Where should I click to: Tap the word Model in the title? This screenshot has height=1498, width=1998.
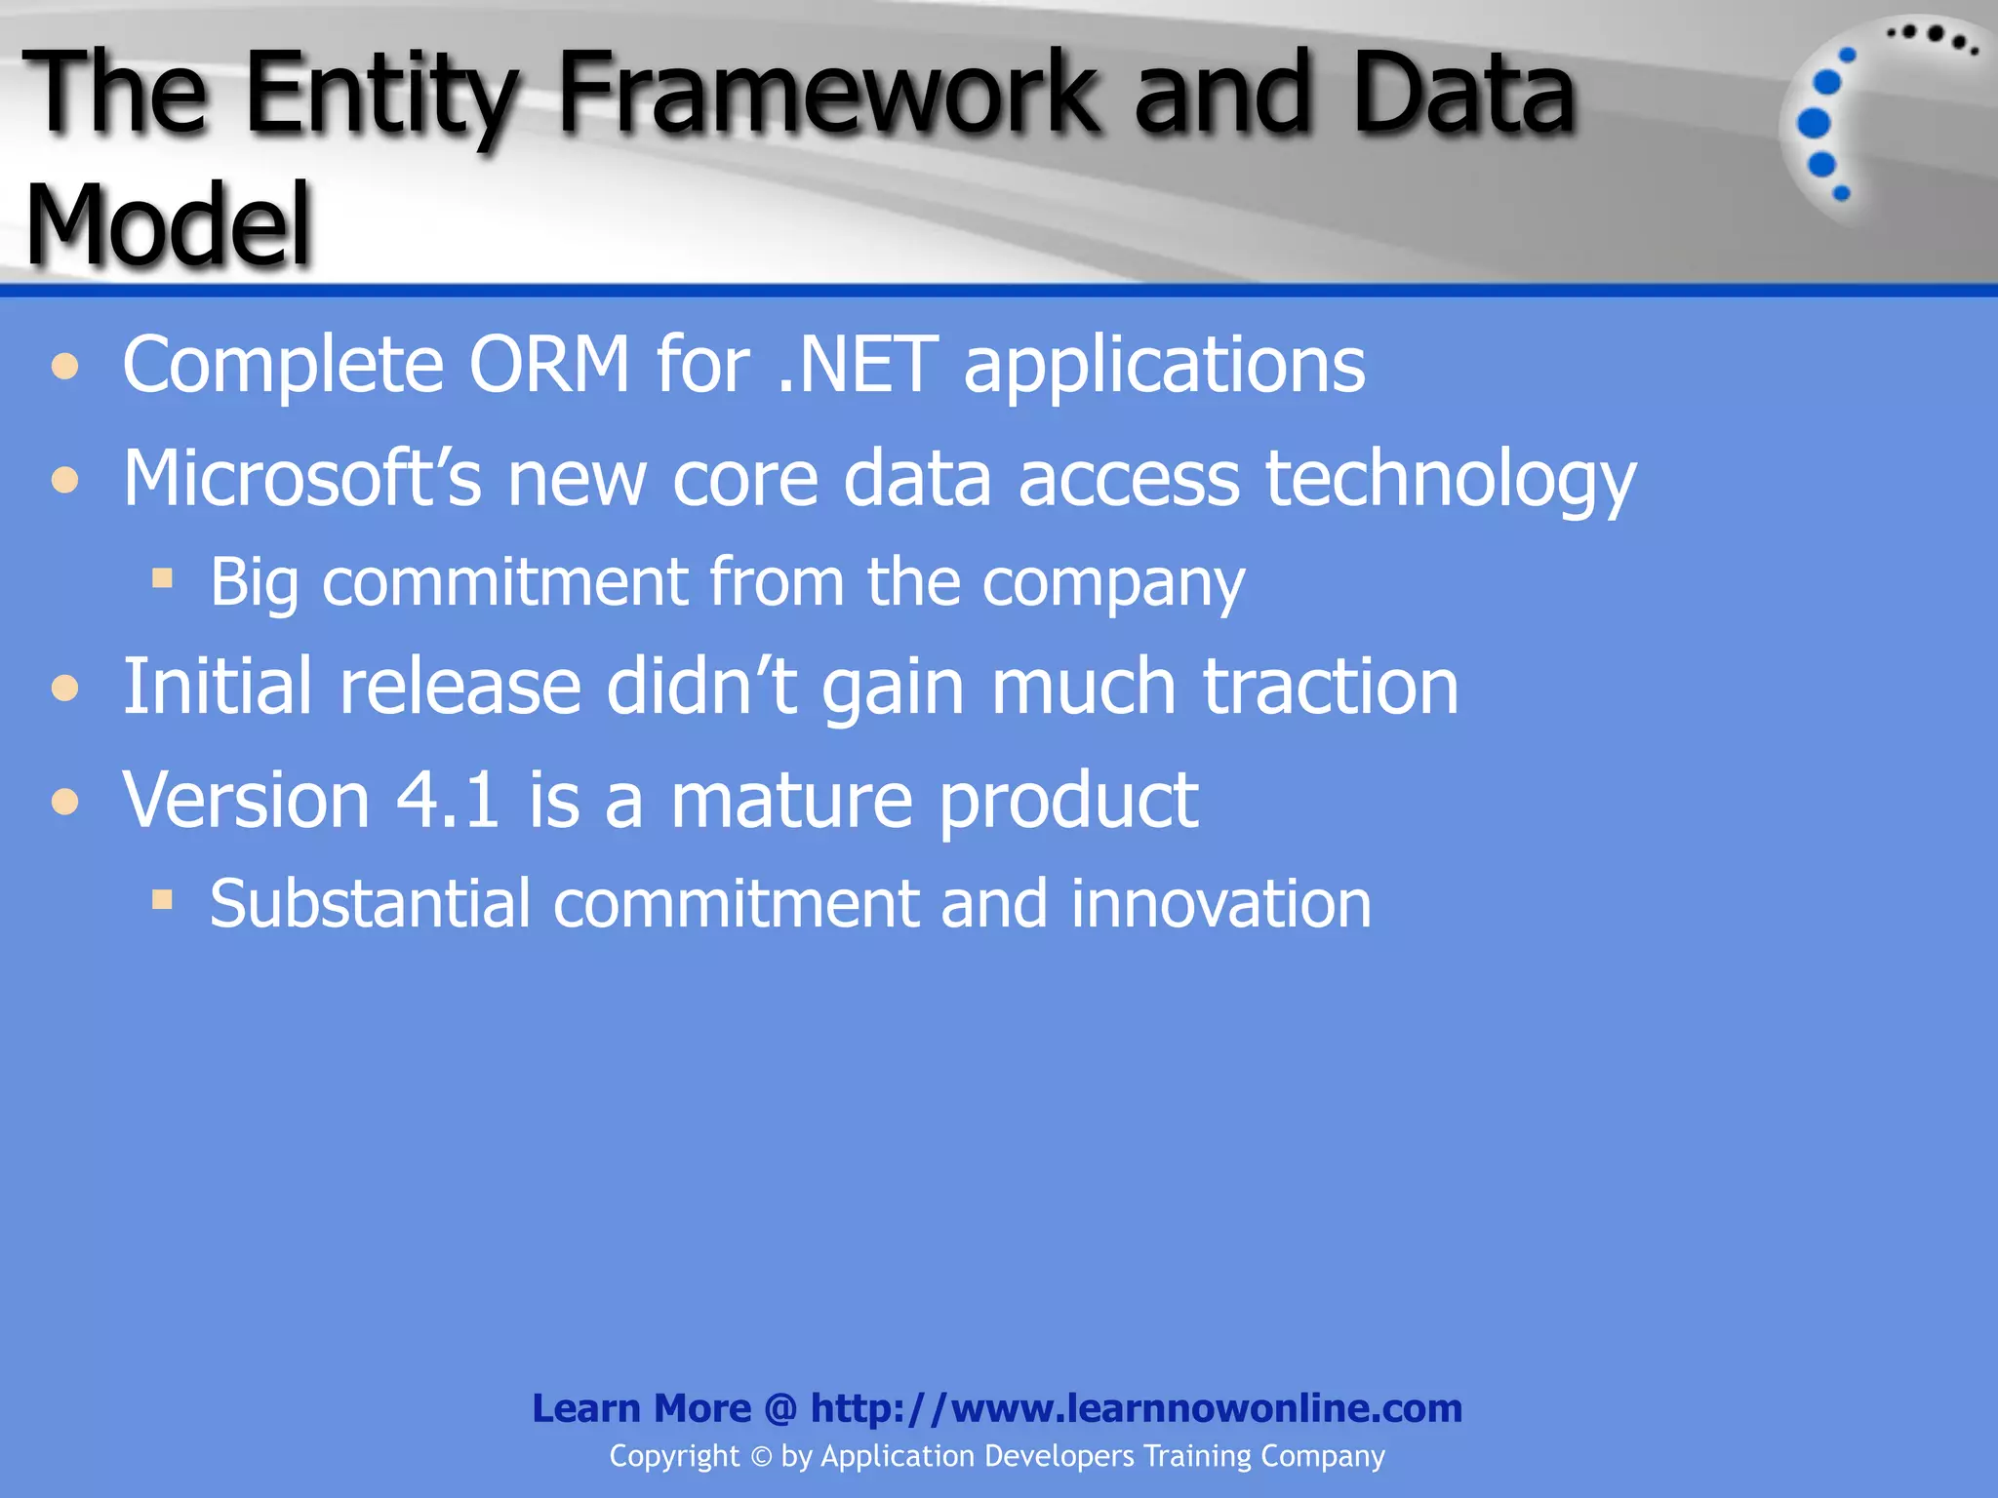tap(168, 226)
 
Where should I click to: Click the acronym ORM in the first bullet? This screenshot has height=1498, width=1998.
tap(549, 365)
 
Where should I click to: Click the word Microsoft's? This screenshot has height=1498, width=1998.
tap(301, 478)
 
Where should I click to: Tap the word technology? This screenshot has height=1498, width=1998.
tap(1450, 480)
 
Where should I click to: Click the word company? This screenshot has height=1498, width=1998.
tap(1113, 583)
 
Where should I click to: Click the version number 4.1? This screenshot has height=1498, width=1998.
tap(448, 800)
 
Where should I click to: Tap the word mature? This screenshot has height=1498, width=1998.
tap(791, 800)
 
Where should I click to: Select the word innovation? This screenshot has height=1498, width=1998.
tap(1220, 903)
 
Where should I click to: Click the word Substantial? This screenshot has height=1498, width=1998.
tap(371, 903)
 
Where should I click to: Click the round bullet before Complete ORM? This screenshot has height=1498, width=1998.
tap(65, 367)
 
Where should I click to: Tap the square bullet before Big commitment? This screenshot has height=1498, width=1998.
tap(162, 579)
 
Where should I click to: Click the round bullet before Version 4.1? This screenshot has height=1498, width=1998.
tap(65, 802)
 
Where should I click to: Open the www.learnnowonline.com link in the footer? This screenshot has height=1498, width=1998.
tap(1137, 1408)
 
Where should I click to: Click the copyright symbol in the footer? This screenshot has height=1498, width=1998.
tap(761, 1456)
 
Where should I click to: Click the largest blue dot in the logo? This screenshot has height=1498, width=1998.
tap(1814, 124)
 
